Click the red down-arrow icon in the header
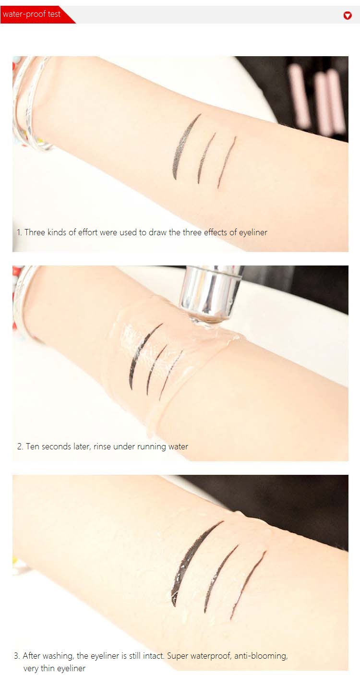(348, 15)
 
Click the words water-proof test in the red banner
(32, 14)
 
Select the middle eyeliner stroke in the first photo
(206, 157)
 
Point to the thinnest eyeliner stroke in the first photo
(227, 163)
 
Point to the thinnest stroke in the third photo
(247, 583)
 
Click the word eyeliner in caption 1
(253, 233)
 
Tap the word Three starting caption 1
(35, 232)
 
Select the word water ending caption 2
(179, 446)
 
